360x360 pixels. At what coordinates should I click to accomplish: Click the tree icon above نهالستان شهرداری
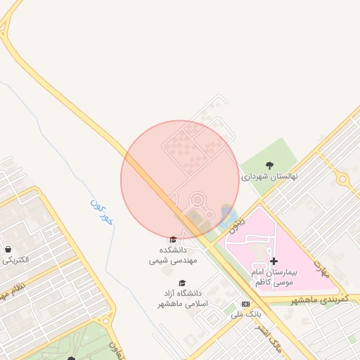click(x=270, y=165)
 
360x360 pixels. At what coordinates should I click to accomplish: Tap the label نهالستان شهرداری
click(x=270, y=176)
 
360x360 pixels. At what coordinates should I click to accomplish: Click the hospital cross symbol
click(x=274, y=261)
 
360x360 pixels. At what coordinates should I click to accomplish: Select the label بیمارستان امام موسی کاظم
click(x=276, y=276)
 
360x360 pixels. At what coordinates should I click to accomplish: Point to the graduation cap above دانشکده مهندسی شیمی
click(x=174, y=240)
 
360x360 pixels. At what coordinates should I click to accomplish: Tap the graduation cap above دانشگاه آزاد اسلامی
click(x=182, y=283)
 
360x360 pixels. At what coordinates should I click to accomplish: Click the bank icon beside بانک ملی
click(x=245, y=304)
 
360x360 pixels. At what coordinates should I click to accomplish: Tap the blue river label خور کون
click(x=103, y=212)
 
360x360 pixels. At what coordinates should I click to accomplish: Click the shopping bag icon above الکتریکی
click(x=8, y=249)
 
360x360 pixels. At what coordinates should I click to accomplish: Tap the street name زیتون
click(x=238, y=222)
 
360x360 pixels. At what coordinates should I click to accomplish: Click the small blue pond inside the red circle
click(x=226, y=212)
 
